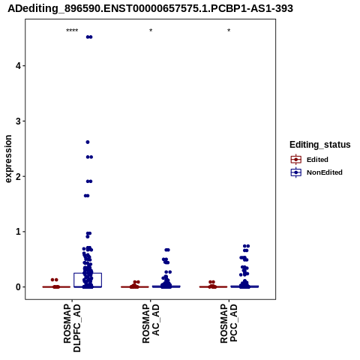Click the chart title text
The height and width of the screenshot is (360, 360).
point(150,8)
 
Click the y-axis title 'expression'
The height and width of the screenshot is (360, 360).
point(8,159)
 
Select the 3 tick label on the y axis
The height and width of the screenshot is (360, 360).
point(19,121)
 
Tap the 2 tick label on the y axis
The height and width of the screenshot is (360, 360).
point(19,176)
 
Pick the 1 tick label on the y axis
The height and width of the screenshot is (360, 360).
point(19,232)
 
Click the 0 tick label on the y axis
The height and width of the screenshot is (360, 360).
point(19,287)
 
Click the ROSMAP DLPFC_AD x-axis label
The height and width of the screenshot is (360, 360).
point(72,328)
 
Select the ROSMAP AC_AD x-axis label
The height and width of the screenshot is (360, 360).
point(151,323)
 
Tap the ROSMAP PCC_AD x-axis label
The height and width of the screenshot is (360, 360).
point(229,323)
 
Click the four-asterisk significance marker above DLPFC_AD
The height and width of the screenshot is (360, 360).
point(72,31)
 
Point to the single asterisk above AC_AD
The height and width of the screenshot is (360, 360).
point(151,31)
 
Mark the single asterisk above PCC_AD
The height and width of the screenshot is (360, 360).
point(229,31)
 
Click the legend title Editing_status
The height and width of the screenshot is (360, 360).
point(320,145)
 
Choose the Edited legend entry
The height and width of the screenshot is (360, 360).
point(309,160)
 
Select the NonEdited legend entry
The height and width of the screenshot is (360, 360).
point(316,172)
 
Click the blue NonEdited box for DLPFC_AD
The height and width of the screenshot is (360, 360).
point(88,273)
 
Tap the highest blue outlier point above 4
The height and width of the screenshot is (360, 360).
point(89,37)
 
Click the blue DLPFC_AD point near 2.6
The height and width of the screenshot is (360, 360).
point(88,142)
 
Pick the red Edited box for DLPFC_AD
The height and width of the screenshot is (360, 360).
point(56,286)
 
